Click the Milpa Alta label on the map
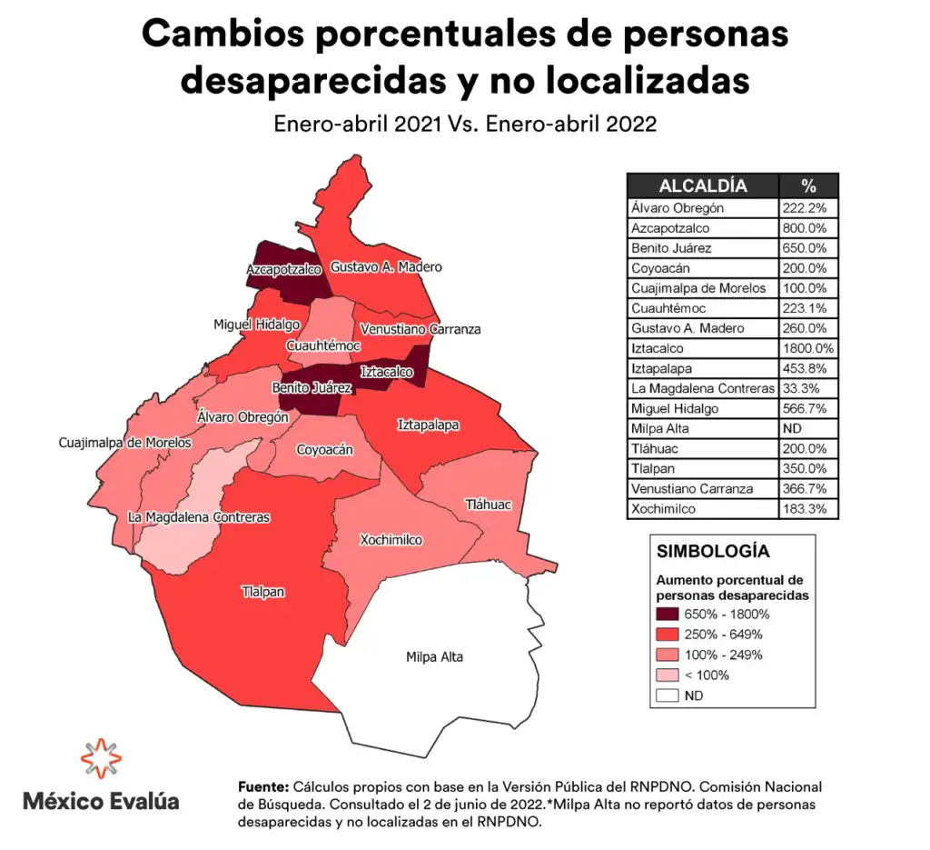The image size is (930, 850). (434, 656)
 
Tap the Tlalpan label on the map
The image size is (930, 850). (263, 592)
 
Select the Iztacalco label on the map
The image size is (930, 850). (387, 372)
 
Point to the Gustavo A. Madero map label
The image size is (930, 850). (386, 267)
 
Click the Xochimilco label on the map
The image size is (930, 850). (391, 539)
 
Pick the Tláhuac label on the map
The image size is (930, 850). (489, 505)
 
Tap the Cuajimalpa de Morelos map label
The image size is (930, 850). (125, 443)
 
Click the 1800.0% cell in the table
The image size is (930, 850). (806, 348)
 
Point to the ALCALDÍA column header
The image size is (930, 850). (703, 186)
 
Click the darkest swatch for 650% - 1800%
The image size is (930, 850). (668, 615)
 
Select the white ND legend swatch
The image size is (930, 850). (668, 695)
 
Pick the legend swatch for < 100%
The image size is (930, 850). (668, 675)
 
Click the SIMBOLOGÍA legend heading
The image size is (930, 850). (713, 551)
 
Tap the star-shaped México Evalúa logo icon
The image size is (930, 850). (101, 759)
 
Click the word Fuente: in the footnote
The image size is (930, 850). (263, 786)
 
